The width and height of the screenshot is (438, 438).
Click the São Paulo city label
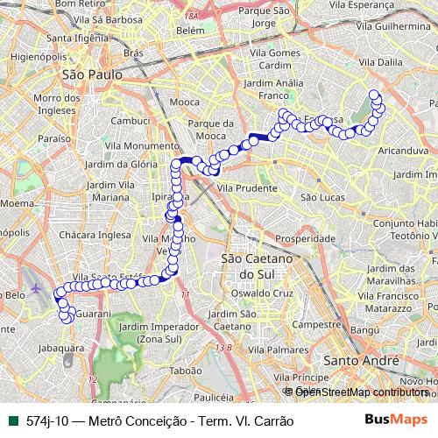86,75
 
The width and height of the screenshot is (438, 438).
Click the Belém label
189,30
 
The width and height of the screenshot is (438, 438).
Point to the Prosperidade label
306,238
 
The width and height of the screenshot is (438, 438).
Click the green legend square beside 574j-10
11,420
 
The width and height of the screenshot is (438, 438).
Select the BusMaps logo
402,420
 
